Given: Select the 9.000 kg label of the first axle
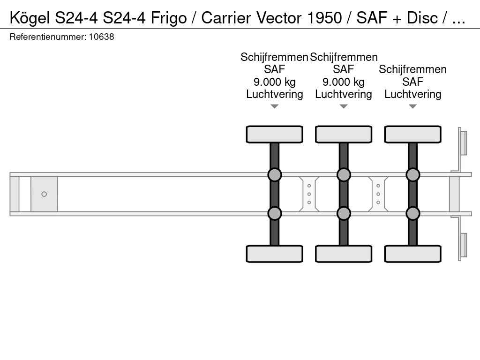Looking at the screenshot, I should click(x=274, y=82).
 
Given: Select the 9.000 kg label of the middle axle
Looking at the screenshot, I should click(x=344, y=82).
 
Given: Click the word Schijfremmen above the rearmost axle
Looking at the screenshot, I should click(x=412, y=69).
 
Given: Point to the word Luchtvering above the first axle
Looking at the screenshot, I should click(x=274, y=94).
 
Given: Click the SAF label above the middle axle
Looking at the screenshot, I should click(x=344, y=69).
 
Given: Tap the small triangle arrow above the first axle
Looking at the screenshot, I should click(x=274, y=106).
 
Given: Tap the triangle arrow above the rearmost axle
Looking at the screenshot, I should click(x=412, y=106).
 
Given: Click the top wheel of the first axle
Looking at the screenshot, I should click(x=274, y=134).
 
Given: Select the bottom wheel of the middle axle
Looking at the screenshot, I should click(x=344, y=254).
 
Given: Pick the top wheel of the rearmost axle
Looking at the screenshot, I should click(x=412, y=134).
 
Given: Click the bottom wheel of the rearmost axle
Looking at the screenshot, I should click(x=412, y=254).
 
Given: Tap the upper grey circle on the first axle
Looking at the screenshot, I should click(x=274, y=175).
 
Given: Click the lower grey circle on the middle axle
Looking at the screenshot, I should click(x=344, y=213).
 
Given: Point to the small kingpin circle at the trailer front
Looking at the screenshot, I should click(x=44, y=194).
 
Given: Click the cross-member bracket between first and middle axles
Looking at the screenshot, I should click(x=309, y=194).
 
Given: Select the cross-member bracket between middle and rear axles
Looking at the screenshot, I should click(x=378, y=194).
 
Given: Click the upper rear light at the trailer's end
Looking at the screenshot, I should click(x=463, y=142).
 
